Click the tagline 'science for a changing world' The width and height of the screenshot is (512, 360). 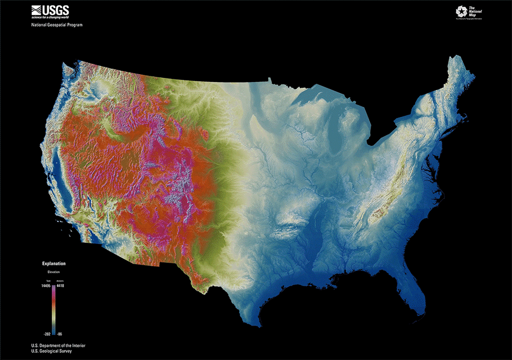point(51,17)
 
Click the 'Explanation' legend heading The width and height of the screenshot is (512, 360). point(54,264)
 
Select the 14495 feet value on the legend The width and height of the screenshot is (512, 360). point(45,286)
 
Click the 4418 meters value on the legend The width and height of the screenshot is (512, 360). point(59,286)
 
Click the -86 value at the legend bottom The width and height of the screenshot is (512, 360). point(59,333)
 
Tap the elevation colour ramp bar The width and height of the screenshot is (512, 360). point(53,310)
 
